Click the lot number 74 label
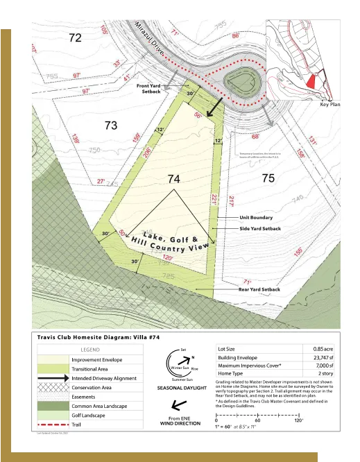pos(174,179)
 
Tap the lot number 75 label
pos(268,179)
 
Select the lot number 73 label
pos(110,126)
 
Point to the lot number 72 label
pos(76,38)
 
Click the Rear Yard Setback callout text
pos(259,289)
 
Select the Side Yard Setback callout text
pos(260,228)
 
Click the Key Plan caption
pos(330,104)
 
